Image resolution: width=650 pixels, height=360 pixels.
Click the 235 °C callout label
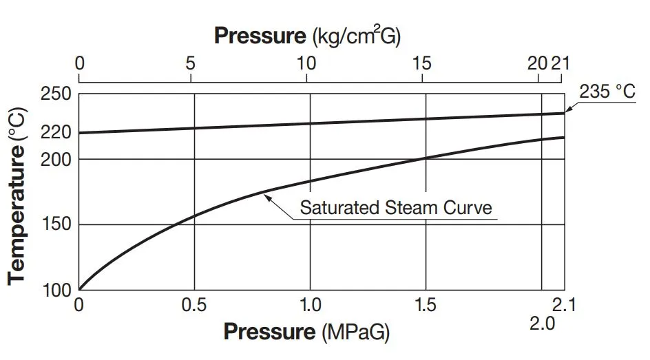pyautogui.click(x=607, y=91)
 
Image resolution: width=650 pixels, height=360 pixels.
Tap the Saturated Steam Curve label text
pyautogui.click(x=396, y=207)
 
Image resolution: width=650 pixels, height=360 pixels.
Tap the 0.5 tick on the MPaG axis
pyautogui.click(x=195, y=304)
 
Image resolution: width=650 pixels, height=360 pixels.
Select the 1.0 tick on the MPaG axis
pyautogui.click(x=310, y=304)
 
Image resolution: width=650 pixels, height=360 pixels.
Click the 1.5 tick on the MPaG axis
pyautogui.click(x=426, y=304)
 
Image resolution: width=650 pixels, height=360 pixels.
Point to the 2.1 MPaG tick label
pyautogui.click(x=564, y=304)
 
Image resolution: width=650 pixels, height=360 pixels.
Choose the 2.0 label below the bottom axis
pyautogui.click(x=543, y=323)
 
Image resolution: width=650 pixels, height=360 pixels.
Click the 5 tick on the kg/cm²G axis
pyautogui.click(x=191, y=64)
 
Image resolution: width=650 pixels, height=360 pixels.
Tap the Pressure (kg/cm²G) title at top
pyautogui.click(x=306, y=35)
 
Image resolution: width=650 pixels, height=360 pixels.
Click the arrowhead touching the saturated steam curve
pyautogui.click(x=267, y=195)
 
